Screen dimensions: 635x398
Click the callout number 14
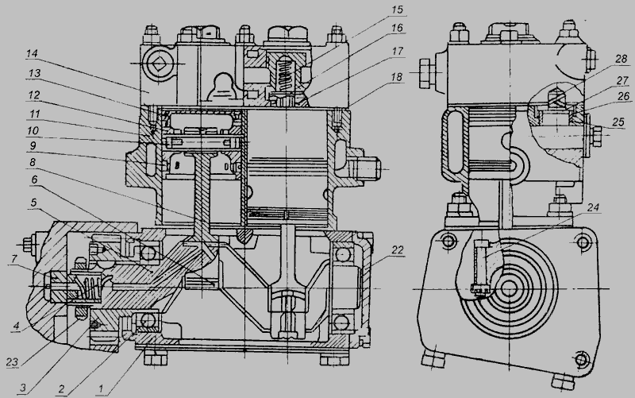tap(32, 53)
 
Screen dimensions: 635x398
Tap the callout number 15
tap(398, 10)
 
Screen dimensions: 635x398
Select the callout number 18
tap(398, 76)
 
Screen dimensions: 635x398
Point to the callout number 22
tap(398, 250)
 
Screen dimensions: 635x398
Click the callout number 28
tap(621, 59)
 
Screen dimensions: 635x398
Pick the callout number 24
tap(593, 207)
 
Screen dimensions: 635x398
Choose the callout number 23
tap(13, 361)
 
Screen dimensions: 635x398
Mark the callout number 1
tap(101, 389)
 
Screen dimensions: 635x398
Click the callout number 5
tap(34, 203)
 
